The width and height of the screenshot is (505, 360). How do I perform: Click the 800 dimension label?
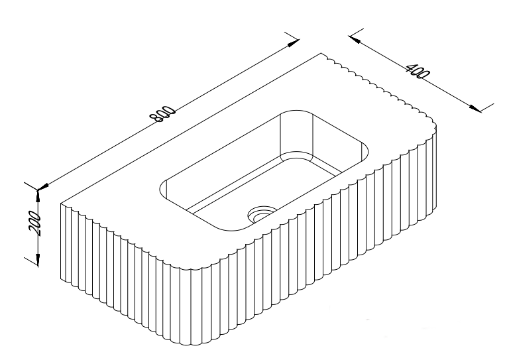pyautogui.click(x=162, y=114)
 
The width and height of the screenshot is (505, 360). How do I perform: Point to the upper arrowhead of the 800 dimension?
pyautogui.click(x=293, y=44)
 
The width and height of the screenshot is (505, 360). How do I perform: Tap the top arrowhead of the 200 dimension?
pyautogui.click(x=38, y=194)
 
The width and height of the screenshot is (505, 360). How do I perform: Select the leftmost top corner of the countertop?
pyautogui.click(x=62, y=202)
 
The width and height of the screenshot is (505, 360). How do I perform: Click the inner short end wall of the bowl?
pyautogui.click(x=295, y=136)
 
